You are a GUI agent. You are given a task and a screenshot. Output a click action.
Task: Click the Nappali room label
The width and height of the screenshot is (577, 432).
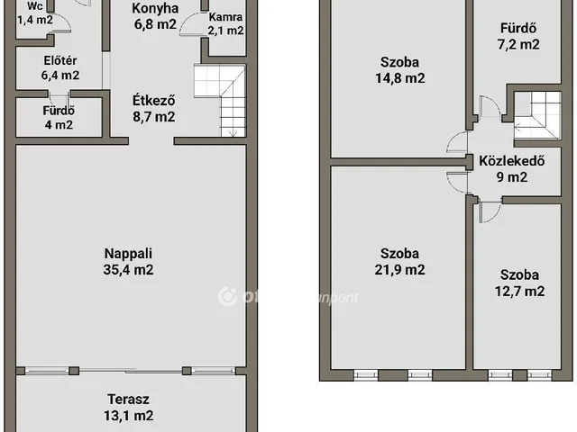click(x=127, y=252)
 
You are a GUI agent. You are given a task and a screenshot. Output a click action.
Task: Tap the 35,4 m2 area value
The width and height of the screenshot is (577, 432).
click(x=127, y=268)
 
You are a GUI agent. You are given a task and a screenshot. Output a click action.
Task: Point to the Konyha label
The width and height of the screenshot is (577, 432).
click(x=154, y=9)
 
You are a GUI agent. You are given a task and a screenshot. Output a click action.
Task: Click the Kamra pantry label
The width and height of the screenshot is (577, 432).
click(x=224, y=17)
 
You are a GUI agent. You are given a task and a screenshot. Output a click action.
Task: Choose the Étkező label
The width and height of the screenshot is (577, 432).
click(x=152, y=101)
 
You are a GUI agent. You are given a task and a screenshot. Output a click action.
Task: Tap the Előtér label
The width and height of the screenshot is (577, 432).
click(x=60, y=61)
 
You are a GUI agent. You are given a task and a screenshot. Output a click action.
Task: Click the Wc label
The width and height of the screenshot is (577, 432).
click(x=35, y=5)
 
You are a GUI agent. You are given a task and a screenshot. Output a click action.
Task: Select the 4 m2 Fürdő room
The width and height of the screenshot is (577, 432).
click(x=59, y=118)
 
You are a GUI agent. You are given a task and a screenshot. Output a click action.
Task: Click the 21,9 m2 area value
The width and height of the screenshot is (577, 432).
click(x=402, y=269)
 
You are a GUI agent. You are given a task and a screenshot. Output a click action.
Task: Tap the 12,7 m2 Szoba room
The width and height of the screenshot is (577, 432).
click(x=521, y=283)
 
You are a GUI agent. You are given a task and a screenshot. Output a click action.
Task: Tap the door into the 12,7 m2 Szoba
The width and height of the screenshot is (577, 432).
click(x=488, y=212)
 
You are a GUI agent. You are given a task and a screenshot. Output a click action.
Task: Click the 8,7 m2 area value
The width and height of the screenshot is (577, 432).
click(x=152, y=117)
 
